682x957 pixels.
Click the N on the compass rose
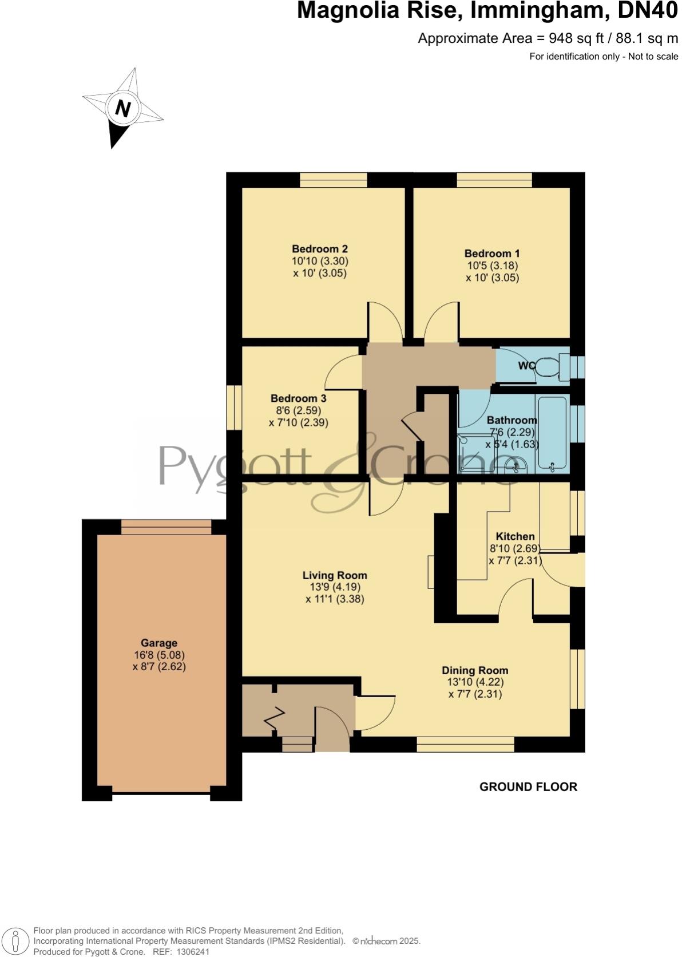[122, 108]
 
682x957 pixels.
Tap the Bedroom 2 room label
[320, 249]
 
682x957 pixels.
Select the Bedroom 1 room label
[492, 254]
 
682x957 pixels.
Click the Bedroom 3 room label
[298, 398]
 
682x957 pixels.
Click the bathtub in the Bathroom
[552, 434]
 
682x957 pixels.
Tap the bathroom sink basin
[518, 464]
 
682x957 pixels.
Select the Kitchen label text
[515, 536]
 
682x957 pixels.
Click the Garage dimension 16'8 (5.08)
[158, 655]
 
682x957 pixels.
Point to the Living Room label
[335, 575]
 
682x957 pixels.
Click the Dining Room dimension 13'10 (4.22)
[475, 682]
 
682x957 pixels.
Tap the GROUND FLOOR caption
[528, 787]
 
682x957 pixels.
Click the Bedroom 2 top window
[333, 180]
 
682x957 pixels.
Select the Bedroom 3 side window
[233, 407]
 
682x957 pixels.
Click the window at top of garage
[166, 527]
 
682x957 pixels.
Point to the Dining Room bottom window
[465, 744]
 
